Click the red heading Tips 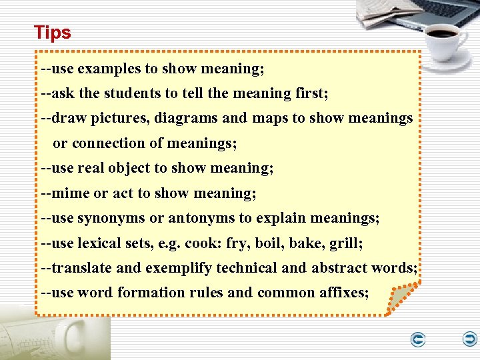tap(52, 32)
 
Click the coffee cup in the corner tap(443, 37)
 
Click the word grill tap(345, 243)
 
